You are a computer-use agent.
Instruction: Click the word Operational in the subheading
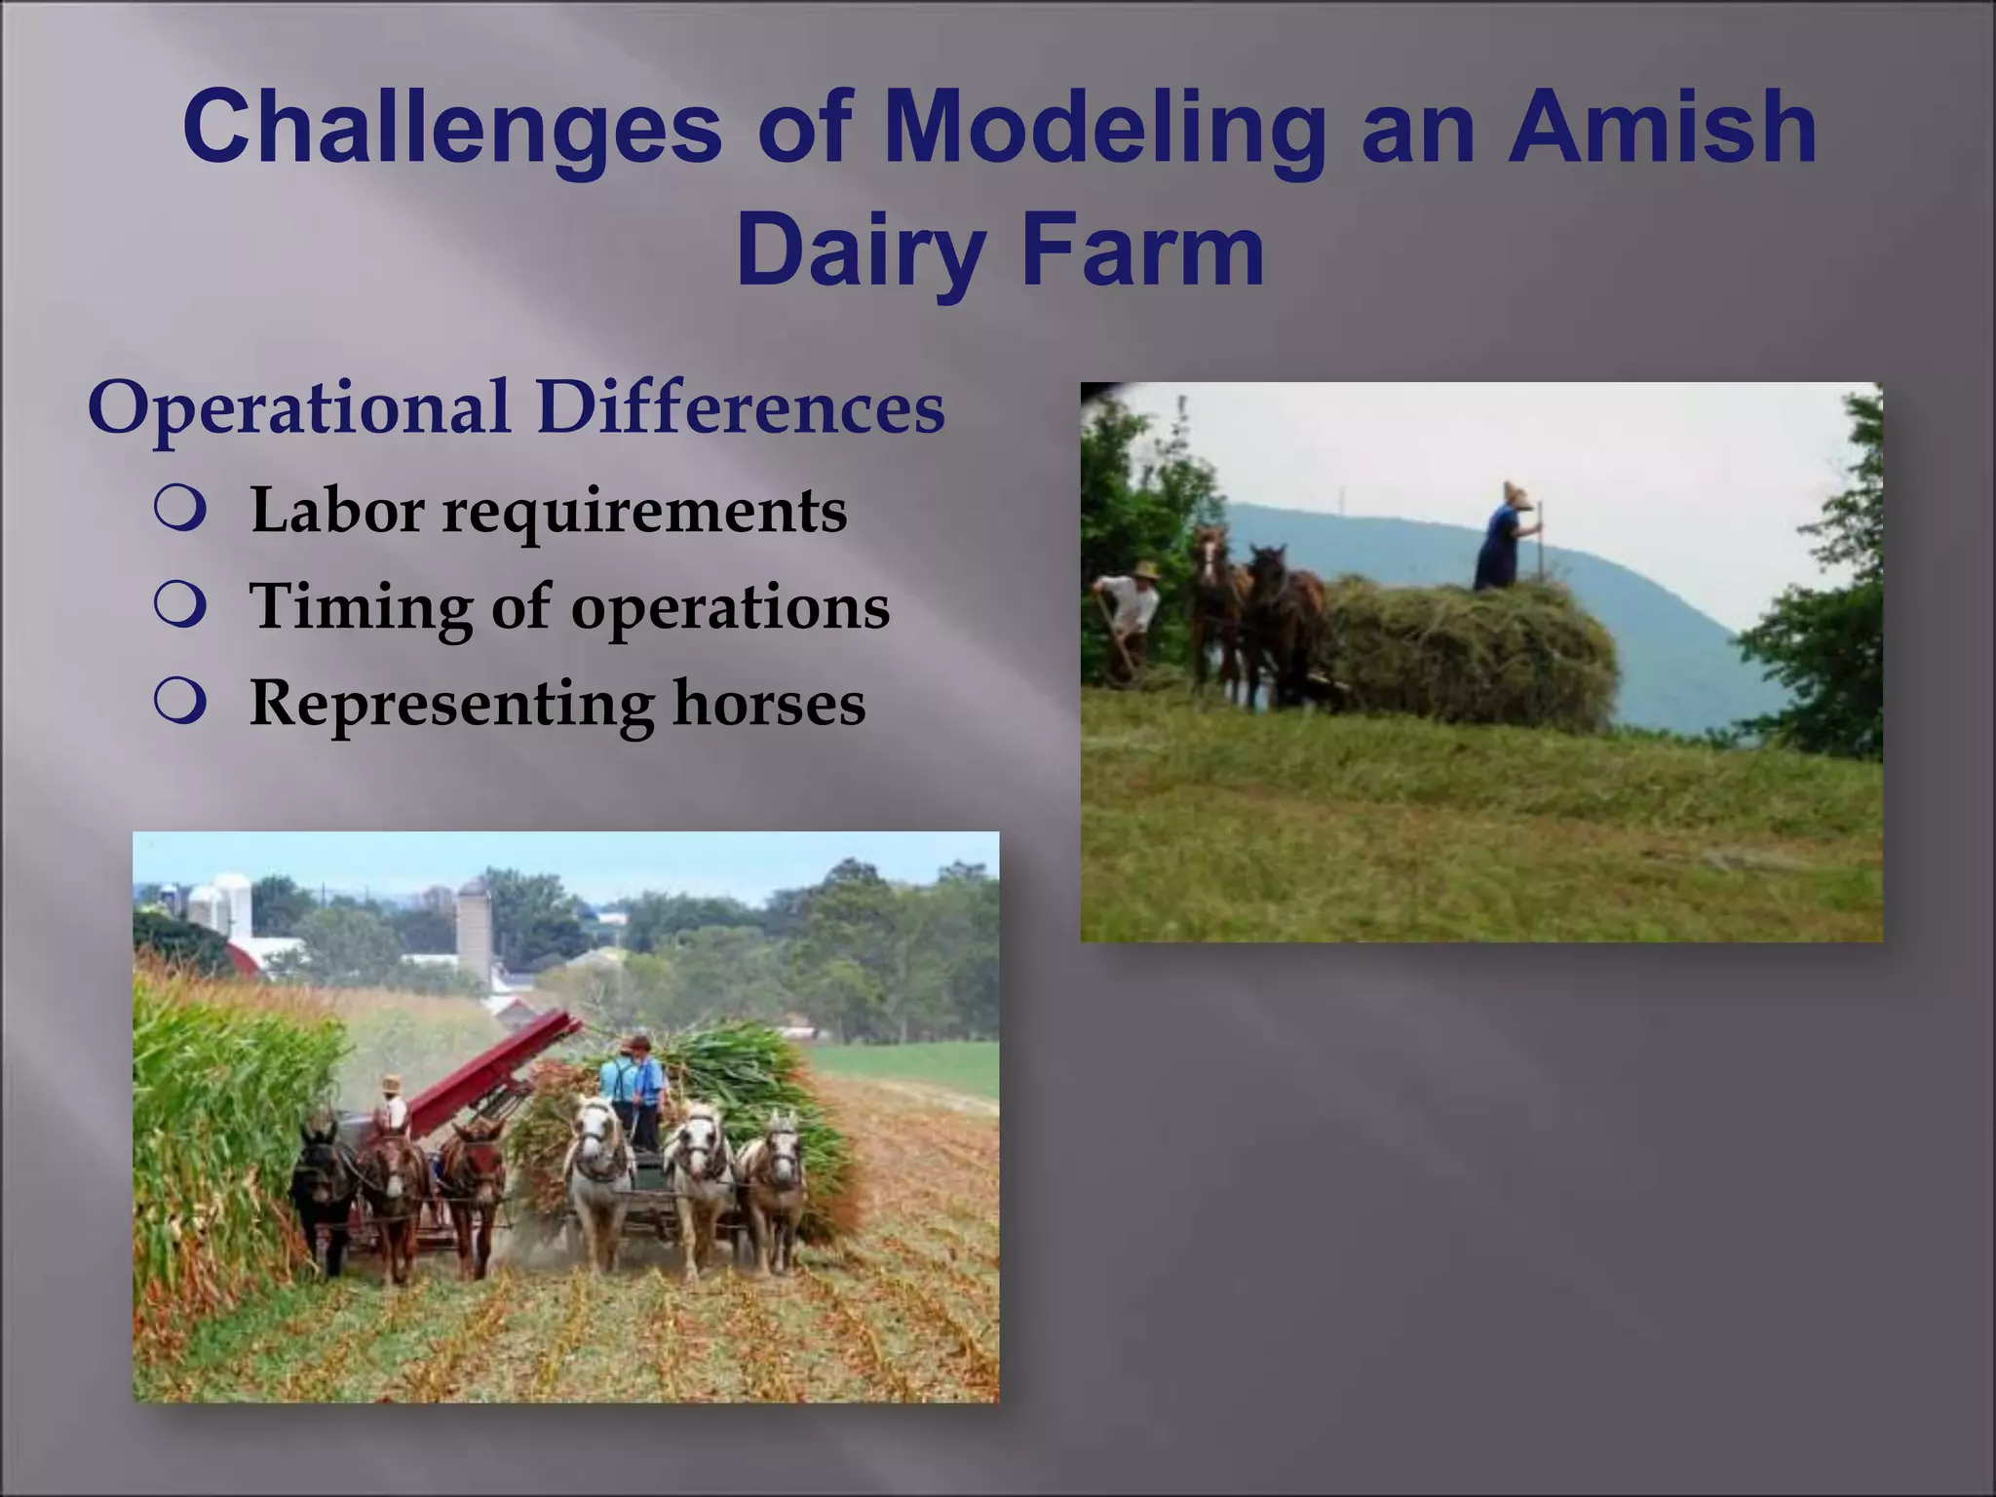point(298,407)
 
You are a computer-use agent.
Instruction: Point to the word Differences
point(741,407)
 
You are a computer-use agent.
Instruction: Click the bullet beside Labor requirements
point(180,511)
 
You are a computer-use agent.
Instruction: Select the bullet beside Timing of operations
point(180,606)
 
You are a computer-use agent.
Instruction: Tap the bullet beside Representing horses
point(180,703)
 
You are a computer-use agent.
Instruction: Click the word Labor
point(336,510)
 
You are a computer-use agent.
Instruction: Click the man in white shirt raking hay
point(1129,614)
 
